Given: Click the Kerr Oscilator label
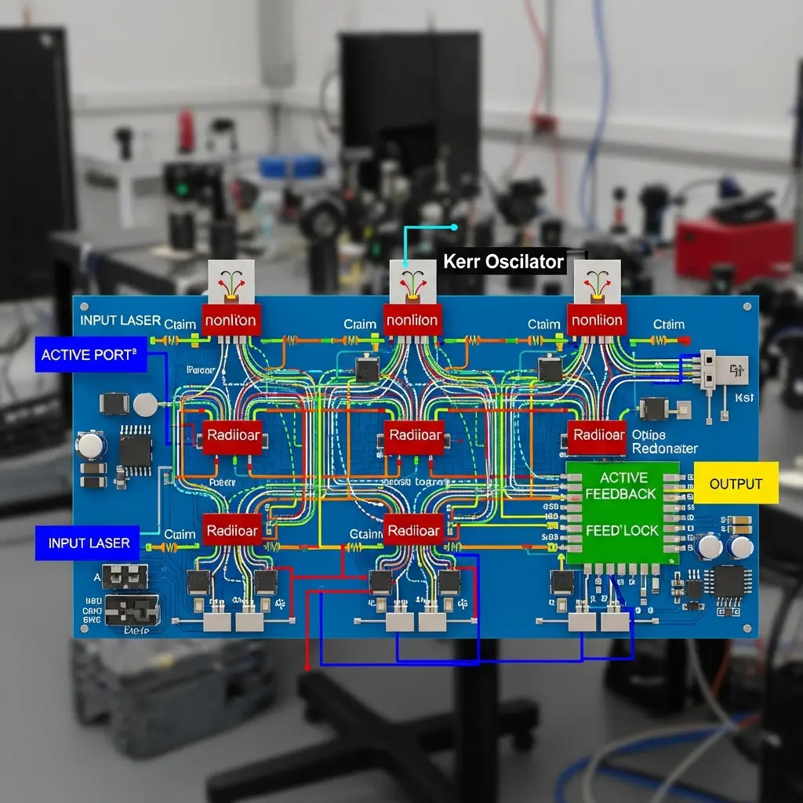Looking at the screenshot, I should coord(503,261).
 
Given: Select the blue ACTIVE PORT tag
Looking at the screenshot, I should coord(89,355).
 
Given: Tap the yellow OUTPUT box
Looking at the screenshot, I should coord(736,483).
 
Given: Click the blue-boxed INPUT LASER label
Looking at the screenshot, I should coord(89,543).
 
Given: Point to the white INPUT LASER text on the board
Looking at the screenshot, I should coord(120,320).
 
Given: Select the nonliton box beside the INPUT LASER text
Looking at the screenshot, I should coord(231,320).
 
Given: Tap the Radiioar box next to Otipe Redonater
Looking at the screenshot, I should coord(598,436).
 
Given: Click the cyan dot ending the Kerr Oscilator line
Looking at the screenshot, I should coord(454,227).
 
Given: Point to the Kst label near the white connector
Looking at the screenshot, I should coord(744,398).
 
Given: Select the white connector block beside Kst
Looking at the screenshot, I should coord(707,369).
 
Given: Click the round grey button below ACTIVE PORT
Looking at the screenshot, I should coord(145,405).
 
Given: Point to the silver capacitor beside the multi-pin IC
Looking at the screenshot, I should coord(92,446).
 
